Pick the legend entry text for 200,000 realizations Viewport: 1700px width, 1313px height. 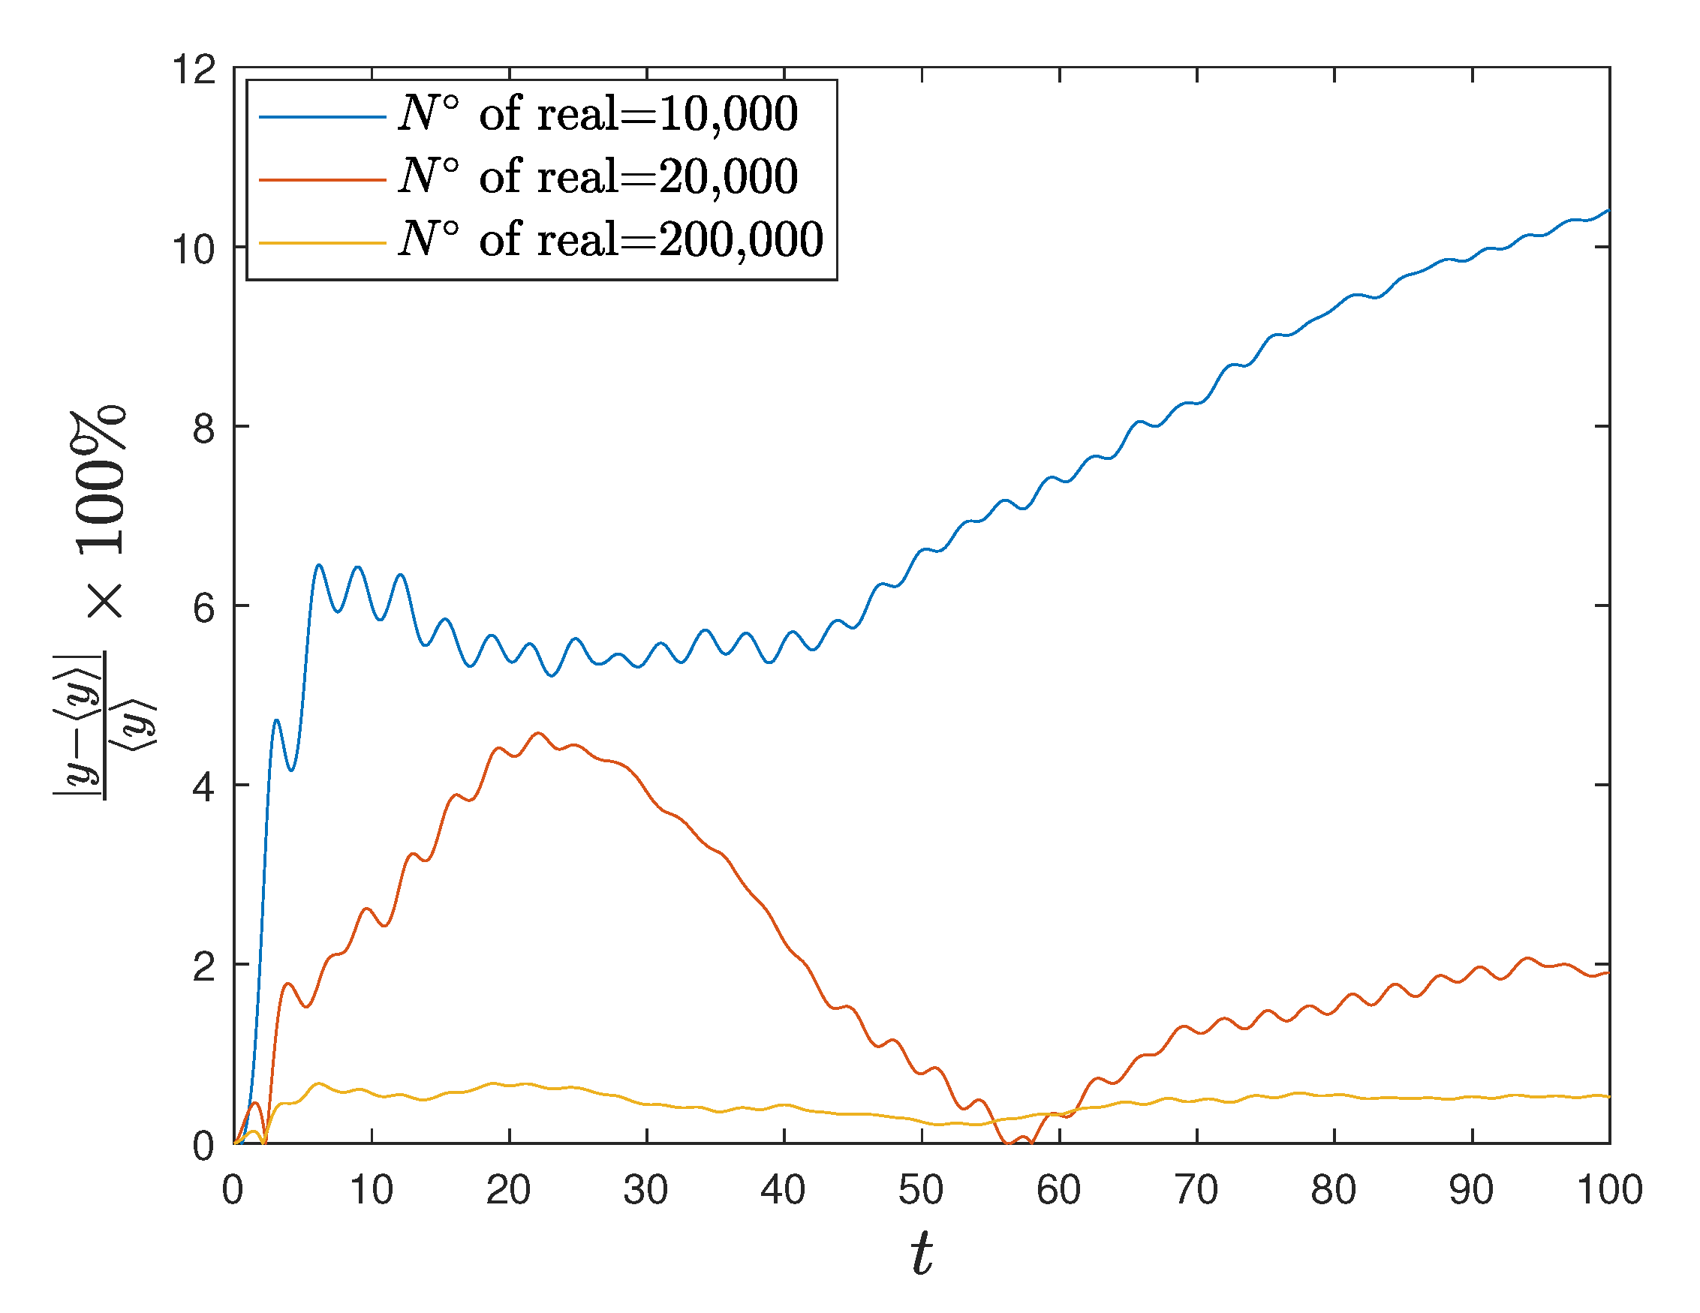611,240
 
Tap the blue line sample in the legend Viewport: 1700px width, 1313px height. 322,117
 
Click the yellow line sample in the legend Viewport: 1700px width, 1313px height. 322,243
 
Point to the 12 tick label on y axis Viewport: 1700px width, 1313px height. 194,69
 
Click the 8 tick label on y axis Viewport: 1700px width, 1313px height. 204,428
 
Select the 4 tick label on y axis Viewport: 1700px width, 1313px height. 204,787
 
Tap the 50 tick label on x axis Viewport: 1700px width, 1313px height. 921,1190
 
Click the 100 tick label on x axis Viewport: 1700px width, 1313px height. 1609,1190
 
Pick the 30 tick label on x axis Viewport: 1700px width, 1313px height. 645,1190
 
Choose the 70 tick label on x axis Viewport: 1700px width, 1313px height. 1196,1190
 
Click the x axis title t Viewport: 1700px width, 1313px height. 922,1254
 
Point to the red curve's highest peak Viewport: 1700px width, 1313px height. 538,733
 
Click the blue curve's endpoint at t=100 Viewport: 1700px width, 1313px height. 1608,211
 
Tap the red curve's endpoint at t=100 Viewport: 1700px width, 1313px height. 1608,973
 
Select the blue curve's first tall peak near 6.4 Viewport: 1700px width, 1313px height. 319,566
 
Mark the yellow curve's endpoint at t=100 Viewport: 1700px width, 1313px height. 1608,1097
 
